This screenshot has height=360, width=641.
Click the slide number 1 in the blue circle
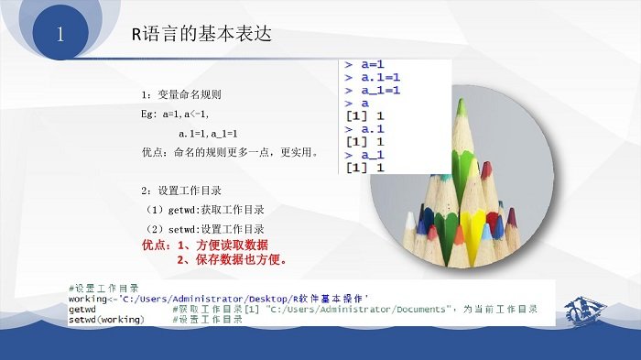pyautogui.click(x=60, y=37)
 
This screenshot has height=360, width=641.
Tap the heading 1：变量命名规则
pyautogui.click(x=180, y=94)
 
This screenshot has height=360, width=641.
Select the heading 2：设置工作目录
pyautogui.click(x=180, y=191)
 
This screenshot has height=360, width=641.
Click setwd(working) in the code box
pyautogui.click(x=106, y=319)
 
